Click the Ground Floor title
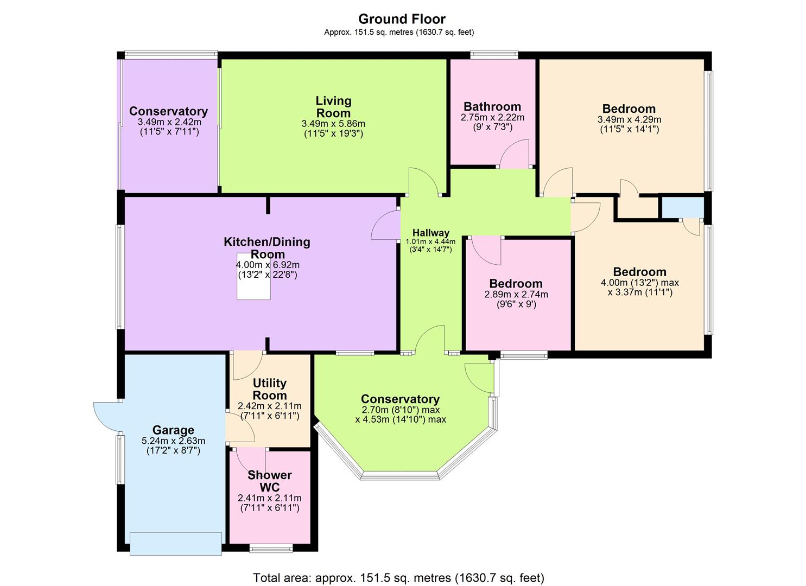tap(402, 19)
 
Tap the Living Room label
tap(333, 107)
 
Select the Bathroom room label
tap(492, 106)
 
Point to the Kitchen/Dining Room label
tap(267, 248)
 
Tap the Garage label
tap(173, 430)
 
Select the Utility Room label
tap(270, 389)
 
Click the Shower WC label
tap(270, 481)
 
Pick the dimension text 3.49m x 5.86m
tap(333, 124)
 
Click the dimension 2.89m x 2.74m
tap(516, 295)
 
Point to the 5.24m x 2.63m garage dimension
tap(173, 441)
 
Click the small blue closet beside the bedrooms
tap(682, 207)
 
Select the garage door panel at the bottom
tap(176, 543)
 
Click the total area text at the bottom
tap(398, 577)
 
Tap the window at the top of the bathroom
tap(494, 54)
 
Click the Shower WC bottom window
tap(271, 548)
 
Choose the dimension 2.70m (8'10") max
tap(401, 410)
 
